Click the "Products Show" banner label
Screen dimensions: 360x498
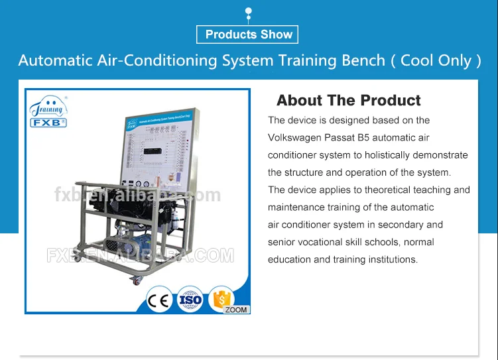tap(249, 34)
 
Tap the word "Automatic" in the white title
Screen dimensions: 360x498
tap(55, 60)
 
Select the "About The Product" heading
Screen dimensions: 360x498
tap(348, 101)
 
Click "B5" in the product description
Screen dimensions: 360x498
tap(373, 138)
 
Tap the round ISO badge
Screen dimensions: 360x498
tap(190, 300)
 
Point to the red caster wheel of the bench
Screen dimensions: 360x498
tap(137, 282)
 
